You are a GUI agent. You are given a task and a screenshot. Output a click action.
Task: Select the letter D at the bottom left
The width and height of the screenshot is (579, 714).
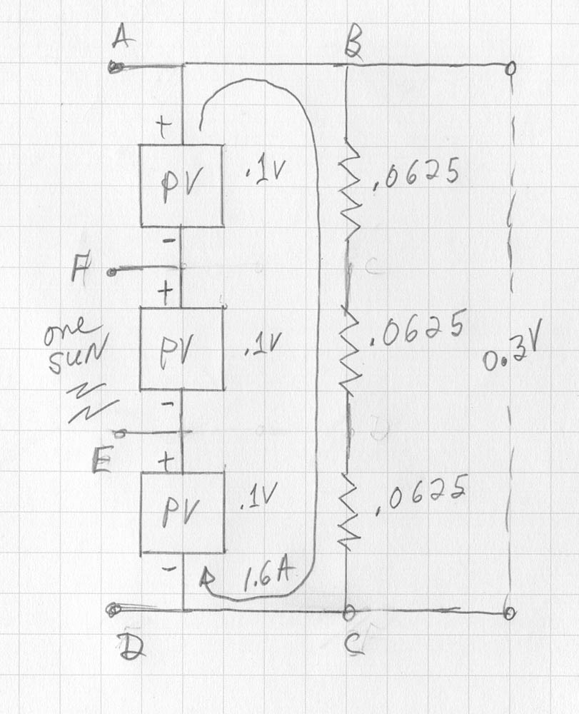click(x=130, y=647)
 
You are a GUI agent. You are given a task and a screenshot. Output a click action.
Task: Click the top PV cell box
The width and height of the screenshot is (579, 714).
click(x=181, y=186)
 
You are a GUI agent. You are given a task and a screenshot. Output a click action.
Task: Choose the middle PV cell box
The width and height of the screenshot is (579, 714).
click(x=181, y=348)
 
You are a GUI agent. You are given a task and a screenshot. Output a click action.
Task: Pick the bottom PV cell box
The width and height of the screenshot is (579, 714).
click(x=181, y=512)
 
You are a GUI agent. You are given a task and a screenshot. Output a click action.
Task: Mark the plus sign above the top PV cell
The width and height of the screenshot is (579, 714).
click(x=165, y=129)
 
